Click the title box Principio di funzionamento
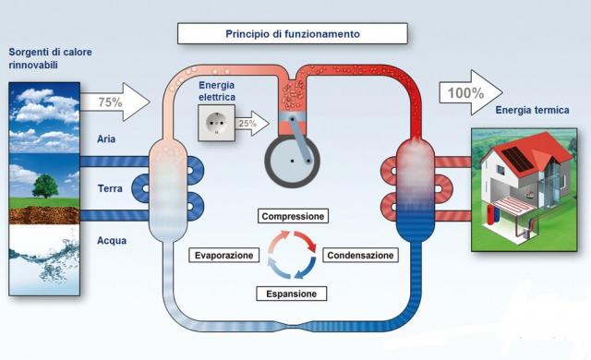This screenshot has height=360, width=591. click(x=293, y=33)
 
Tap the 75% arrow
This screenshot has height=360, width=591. click(x=115, y=102)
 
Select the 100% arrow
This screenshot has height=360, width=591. click(x=471, y=92)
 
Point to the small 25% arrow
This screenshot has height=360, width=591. click(x=252, y=123)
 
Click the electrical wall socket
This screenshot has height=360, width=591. click(x=217, y=123)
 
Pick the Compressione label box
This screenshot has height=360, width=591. click(x=293, y=216)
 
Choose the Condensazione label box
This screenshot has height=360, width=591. click(x=360, y=256)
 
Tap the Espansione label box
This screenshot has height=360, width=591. click(x=292, y=294)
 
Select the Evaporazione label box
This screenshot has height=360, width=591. click(x=223, y=256)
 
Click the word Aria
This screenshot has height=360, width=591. click(x=106, y=139)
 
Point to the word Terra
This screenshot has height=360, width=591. click(x=110, y=188)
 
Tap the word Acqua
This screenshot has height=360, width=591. click(x=112, y=240)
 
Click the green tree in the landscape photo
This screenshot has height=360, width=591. click(x=45, y=186)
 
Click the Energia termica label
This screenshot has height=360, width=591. click(x=532, y=110)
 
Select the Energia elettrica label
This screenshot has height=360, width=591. click(x=217, y=91)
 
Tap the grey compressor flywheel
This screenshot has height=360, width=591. click(x=292, y=162)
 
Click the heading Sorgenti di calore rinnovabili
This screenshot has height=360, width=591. click(x=50, y=58)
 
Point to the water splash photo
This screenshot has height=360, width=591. click(x=44, y=259)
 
